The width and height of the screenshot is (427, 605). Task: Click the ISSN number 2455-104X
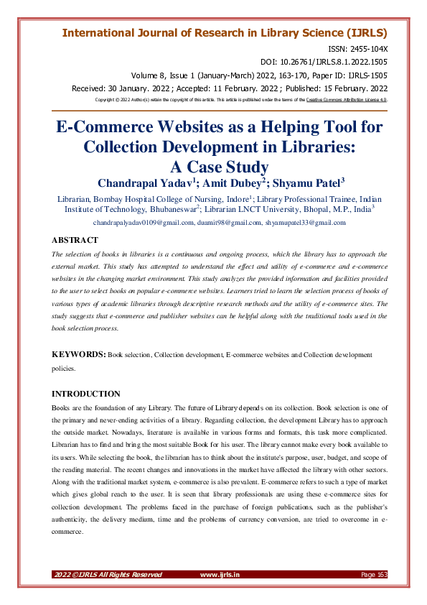[x=368, y=48]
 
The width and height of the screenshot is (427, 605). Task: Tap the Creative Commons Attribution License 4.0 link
[x=347, y=100]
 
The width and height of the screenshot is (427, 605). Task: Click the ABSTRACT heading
[x=75, y=241]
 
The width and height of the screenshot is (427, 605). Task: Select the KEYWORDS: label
[x=79, y=355]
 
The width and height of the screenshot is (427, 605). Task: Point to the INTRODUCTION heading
[x=86, y=394]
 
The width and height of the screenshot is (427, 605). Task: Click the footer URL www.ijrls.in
[x=220, y=574]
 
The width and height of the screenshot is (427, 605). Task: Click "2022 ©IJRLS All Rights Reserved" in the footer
[x=108, y=574]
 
